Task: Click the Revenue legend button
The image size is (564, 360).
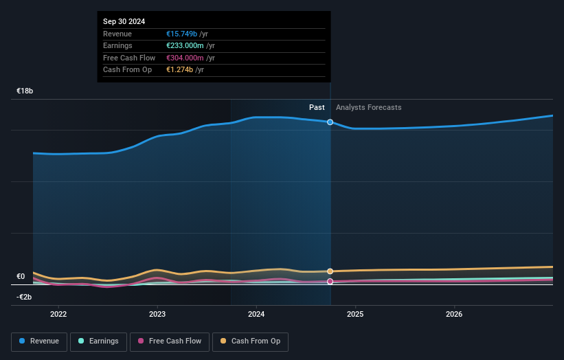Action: point(39,341)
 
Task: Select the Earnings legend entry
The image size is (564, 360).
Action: point(98,341)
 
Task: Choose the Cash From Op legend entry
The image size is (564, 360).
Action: point(250,341)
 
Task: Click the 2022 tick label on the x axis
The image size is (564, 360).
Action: point(58,314)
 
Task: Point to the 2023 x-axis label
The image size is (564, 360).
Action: point(157,314)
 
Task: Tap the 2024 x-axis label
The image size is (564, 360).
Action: point(256,314)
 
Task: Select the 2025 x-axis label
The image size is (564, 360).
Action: point(355,314)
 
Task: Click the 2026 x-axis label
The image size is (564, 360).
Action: point(454,314)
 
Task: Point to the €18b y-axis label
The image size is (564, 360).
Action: point(25,91)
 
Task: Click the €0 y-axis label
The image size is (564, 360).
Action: point(21,277)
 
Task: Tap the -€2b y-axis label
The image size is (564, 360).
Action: point(24,297)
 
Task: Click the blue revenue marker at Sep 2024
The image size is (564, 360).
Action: point(330,122)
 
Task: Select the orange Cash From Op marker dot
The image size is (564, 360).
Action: point(330,271)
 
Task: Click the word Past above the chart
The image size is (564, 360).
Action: point(317,107)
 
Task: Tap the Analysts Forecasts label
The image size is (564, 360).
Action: point(368,107)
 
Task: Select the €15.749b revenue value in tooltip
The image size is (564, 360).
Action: point(181,34)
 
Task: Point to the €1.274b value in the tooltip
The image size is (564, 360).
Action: point(179,70)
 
